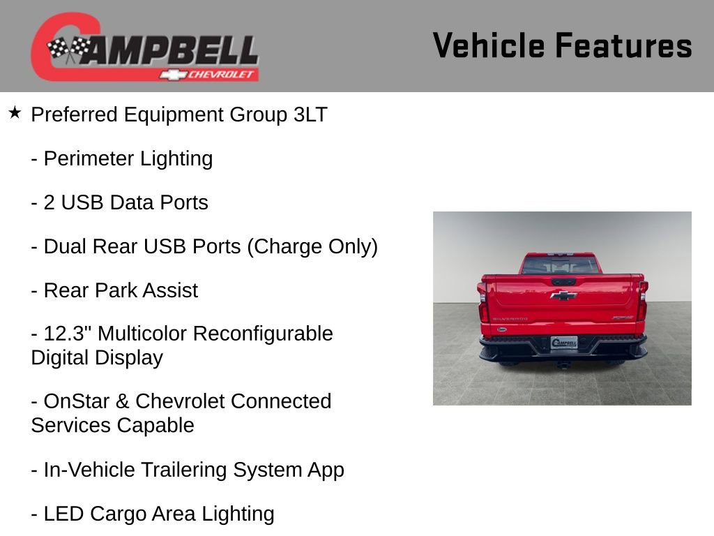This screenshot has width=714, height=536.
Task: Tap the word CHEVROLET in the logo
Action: click(222, 75)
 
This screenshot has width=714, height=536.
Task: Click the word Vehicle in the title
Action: click(490, 46)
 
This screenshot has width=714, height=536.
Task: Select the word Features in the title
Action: click(624, 46)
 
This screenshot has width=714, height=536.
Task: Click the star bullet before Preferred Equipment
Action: click(15, 113)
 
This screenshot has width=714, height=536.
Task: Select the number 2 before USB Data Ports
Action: click(50, 203)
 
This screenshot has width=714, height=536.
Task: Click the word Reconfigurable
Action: click(263, 334)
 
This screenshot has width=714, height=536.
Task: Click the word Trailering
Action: click(185, 470)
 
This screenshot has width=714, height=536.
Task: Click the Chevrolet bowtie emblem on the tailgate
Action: click(563, 295)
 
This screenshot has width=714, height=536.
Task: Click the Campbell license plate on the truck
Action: click(563, 343)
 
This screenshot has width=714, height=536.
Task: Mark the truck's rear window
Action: click(561, 265)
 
